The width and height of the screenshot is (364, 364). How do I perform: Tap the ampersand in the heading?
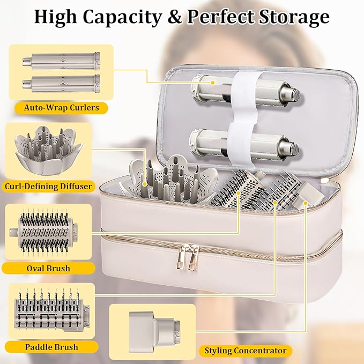click(x=174, y=17)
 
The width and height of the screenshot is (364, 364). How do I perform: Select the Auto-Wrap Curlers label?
click(x=61, y=108)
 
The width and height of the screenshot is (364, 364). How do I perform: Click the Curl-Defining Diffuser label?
click(x=48, y=187)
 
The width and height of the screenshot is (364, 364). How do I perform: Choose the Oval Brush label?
click(x=48, y=269)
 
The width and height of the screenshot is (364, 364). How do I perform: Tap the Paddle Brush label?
click(x=51, y=347)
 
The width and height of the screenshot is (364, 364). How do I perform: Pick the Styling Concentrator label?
click(x=246, y=351)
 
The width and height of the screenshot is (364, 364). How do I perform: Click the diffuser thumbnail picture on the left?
click(x=49, y=150)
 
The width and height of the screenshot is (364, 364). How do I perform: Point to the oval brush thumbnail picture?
click(x=43, y=233)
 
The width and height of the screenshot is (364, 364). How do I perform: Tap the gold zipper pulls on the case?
click(x=188, y=257)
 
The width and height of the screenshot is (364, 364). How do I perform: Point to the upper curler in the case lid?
click(x=245, y=90)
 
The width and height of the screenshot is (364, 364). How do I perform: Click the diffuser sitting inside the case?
click(x=170, y=181)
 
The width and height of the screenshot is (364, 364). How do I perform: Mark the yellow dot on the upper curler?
click(x=212, y=83)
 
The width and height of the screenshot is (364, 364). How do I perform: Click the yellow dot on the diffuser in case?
click(x=145, y=184)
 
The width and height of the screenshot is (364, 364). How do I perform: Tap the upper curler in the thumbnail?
click(x=62, y=61)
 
